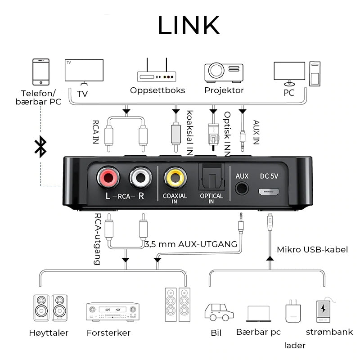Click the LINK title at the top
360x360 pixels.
[x=189, y=25]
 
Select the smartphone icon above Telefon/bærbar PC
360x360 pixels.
[x=41, y=71]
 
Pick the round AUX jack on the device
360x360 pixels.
[x=242, y=188]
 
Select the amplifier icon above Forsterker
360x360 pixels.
[x=112, y=311]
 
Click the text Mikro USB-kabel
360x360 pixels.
[x=312, y=249]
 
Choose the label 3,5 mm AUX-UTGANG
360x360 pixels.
[x=191, y=244]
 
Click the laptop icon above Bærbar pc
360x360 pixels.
[x=258, y=314]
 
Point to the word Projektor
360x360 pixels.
[x=224, y=90]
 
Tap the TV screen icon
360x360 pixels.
[x=84, y=71]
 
